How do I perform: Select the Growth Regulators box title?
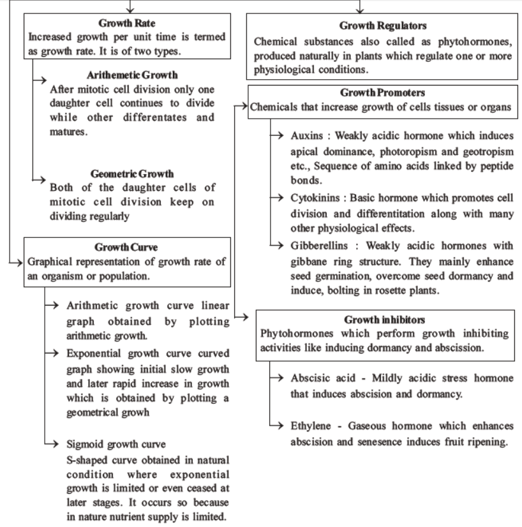coord(383,26)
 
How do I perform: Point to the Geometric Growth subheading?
coord(132,173)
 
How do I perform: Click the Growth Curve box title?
coord(126,247)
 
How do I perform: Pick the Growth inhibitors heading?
coord(385,318)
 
